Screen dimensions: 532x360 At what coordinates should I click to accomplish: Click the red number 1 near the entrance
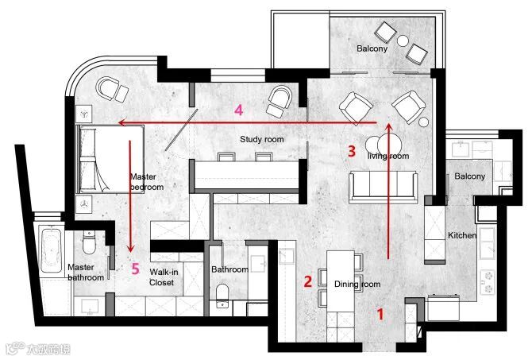[380, 314]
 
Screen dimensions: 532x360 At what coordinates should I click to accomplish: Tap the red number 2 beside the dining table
[308, 281]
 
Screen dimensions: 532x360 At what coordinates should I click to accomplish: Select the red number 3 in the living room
[352, 151]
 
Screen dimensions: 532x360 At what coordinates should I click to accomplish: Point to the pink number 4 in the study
[239, 110]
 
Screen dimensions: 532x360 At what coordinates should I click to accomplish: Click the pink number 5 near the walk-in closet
[135, 269]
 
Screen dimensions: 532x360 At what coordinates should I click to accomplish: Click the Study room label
[261, 139]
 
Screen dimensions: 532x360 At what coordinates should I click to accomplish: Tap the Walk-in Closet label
[164, 277]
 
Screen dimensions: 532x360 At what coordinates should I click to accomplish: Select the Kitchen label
[462, 235]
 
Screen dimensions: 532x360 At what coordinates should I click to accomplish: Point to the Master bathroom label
[86, 273]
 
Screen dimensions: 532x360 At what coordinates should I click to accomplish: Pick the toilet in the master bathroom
[89, 242]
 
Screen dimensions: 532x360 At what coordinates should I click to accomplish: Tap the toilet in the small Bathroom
[222, 296]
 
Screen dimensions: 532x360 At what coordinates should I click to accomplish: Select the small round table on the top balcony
[403, 41]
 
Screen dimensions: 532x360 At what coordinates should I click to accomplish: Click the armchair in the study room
[279, 101]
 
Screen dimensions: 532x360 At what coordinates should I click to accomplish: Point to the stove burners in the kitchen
[488, 281]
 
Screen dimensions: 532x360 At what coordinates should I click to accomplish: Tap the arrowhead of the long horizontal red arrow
[121, 122]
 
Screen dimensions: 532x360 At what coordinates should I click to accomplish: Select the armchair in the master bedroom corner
[112, 90]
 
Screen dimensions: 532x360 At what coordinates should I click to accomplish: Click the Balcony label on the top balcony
[372, 48]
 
